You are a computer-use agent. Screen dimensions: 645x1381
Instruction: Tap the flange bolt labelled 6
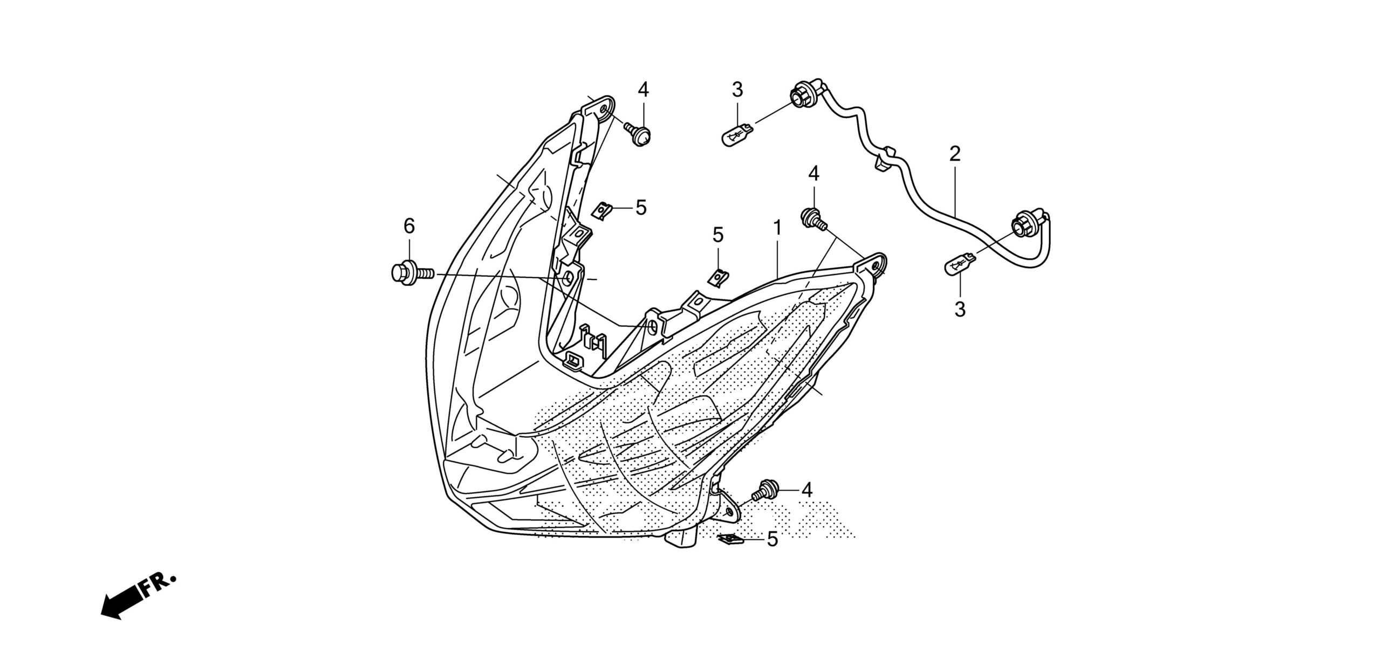(x=410, y=271)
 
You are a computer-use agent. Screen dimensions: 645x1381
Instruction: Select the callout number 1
(x=777, y=228)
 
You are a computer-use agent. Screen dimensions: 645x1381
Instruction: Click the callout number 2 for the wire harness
(x=955, y=155)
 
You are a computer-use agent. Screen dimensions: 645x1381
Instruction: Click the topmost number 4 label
(x=643, y=90)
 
